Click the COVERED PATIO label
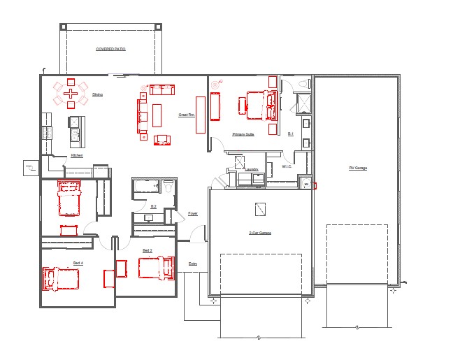pos(110,50)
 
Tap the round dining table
pos(70,93)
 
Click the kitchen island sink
pos(73,123)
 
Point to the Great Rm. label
pos(186,115)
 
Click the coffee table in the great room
pos(157,115)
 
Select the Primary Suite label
pos(243,134)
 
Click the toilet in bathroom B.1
pos(303,85)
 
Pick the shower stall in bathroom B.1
pos(303,103)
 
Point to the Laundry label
pos(252,168)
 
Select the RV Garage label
pos(358,168)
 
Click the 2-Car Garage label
pos(260,232)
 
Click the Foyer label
pos(193,213)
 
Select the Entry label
pos(193,264)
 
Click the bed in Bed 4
pos(62,279)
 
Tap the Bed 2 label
pos(148,250)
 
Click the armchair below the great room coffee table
pos(161,139)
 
